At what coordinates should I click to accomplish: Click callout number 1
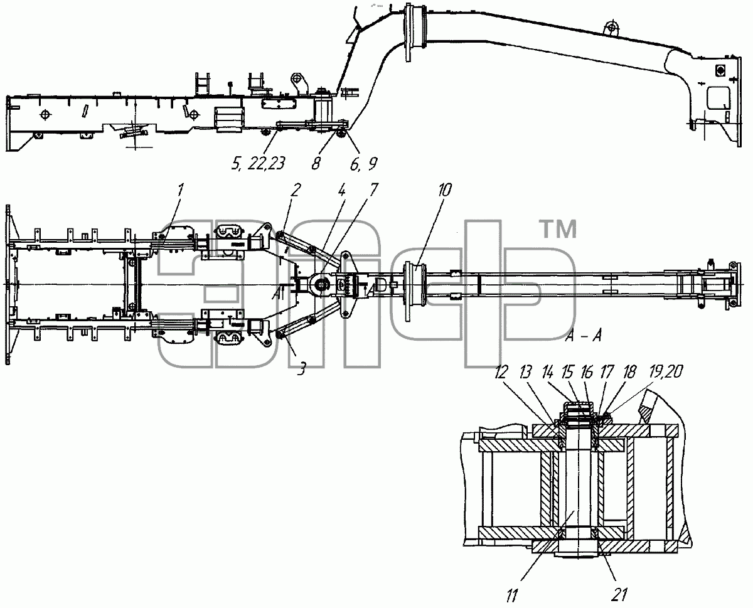[180, 191]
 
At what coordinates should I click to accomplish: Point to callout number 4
[341, 190]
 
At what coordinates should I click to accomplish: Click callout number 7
[373, 190]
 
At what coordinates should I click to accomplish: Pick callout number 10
[444, 190]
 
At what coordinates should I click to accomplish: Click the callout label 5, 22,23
[258, 164]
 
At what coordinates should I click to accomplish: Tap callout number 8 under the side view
[316, 164]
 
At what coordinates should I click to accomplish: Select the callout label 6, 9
[364, 164]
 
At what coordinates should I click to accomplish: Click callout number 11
[511, 596]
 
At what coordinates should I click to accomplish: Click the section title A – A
[584, 336]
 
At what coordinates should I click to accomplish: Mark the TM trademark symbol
[560, 229]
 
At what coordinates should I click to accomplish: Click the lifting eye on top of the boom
[611, 28]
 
